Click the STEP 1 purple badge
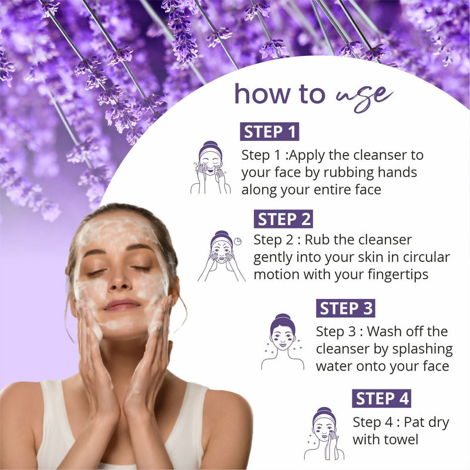269,132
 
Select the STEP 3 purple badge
345,308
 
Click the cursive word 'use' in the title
365,94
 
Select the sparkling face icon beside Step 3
283,343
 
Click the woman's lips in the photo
122,305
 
